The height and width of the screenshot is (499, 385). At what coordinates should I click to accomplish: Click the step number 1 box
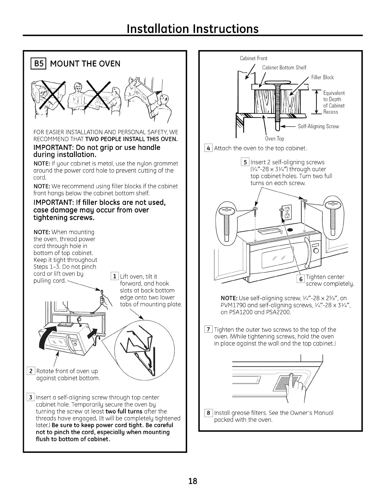(x=114, y=277)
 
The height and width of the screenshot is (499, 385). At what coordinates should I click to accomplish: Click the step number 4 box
(x=209, y=148)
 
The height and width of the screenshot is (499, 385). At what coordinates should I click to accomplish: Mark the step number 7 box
(x=209, y=330)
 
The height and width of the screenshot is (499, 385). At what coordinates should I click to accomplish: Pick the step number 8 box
(x=209, y=413)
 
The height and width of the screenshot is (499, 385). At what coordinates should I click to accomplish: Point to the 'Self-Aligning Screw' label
(x=318, y=126)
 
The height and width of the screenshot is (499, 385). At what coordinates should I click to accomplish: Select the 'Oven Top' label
(x=275, y=139)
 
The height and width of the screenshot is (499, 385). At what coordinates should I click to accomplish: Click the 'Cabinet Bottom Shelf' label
(x=284, y=68)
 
